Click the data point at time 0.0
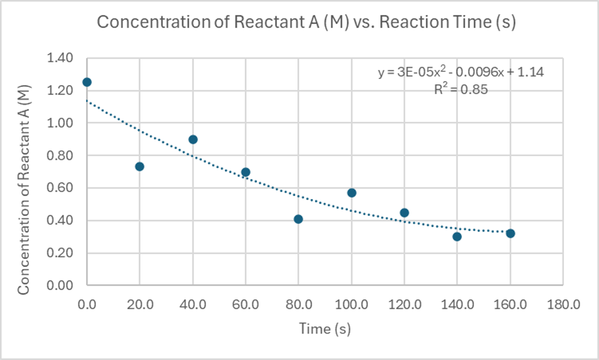click(x=87, y=82)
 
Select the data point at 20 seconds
click(x=140, y=166)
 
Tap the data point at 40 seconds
click(x=193, y=139)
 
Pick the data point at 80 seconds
click(x=299, y=219)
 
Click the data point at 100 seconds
click(x=352, y=192)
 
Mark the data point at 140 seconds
click(x=457, y=237)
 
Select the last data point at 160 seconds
click(x=510, y=233)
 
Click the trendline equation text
click(x=461, y=72)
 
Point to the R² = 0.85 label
click(x=461, y=90)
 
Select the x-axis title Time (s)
click(x=325, y=329)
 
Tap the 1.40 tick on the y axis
click(x=62, y=58)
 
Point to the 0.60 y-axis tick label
click(x=62, y=188)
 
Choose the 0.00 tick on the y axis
click(x=62, y=285)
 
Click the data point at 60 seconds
click(x=246, y=172)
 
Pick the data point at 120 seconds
click(x=404, y=213)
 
